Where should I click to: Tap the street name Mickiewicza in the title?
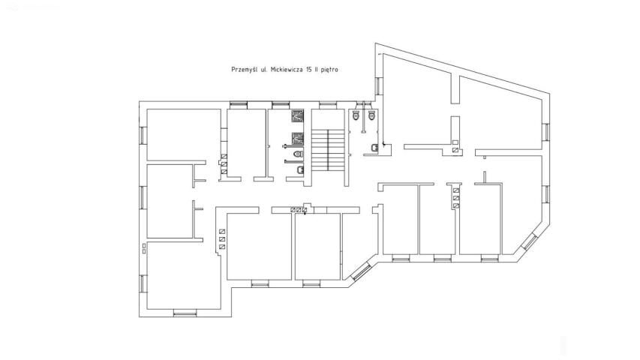[x=287, y=70]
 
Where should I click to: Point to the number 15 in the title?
[x=309, y=70]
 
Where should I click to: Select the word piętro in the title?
[x=329, y=70]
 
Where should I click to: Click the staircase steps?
[x=329, y=150]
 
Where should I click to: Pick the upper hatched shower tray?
[x=298, y=116]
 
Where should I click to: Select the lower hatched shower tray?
[x=298, y=139]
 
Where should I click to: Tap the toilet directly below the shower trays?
[x=299, y=154]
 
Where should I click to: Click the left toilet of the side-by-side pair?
[x=356, y=115]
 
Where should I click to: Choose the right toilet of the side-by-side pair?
[x=371, y=115]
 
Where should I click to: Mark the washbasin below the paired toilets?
[x=374, y=147]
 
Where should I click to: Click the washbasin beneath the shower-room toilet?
[x=300, y=169]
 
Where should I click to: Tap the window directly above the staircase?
[x=326, y=105]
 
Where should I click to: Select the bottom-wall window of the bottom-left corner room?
[x=185, y=313]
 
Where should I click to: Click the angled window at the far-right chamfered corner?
[x=530, y=241]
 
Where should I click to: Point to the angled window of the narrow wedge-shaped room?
[x=361, y=271]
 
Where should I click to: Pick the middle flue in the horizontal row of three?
[x=299, y=210]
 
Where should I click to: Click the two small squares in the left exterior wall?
[x=144, y=248]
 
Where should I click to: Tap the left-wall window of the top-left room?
[x=143, y=135]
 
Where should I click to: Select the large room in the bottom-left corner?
[x=185, y=275]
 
